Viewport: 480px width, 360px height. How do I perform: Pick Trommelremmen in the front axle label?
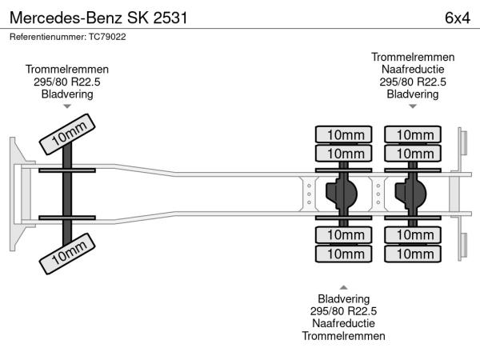(x=67, y=69)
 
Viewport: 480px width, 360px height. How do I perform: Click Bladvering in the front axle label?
(x=67, y=94)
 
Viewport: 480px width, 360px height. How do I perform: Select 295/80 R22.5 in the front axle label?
(x=67, y=82)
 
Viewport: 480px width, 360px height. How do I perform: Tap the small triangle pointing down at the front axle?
(x=67, y=106)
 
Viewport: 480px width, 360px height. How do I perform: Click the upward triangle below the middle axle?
(x=343, y=286)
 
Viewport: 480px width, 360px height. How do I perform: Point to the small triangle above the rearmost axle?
(x=413, y=106)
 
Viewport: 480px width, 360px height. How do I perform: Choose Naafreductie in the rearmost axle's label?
(x=413, y=69)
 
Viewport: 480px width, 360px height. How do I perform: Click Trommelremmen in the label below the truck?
(x=343, y=336)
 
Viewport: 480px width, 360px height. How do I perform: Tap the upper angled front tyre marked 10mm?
(x=68, y=134)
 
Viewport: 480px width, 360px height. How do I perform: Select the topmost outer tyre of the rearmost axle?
(x=413, y=134)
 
